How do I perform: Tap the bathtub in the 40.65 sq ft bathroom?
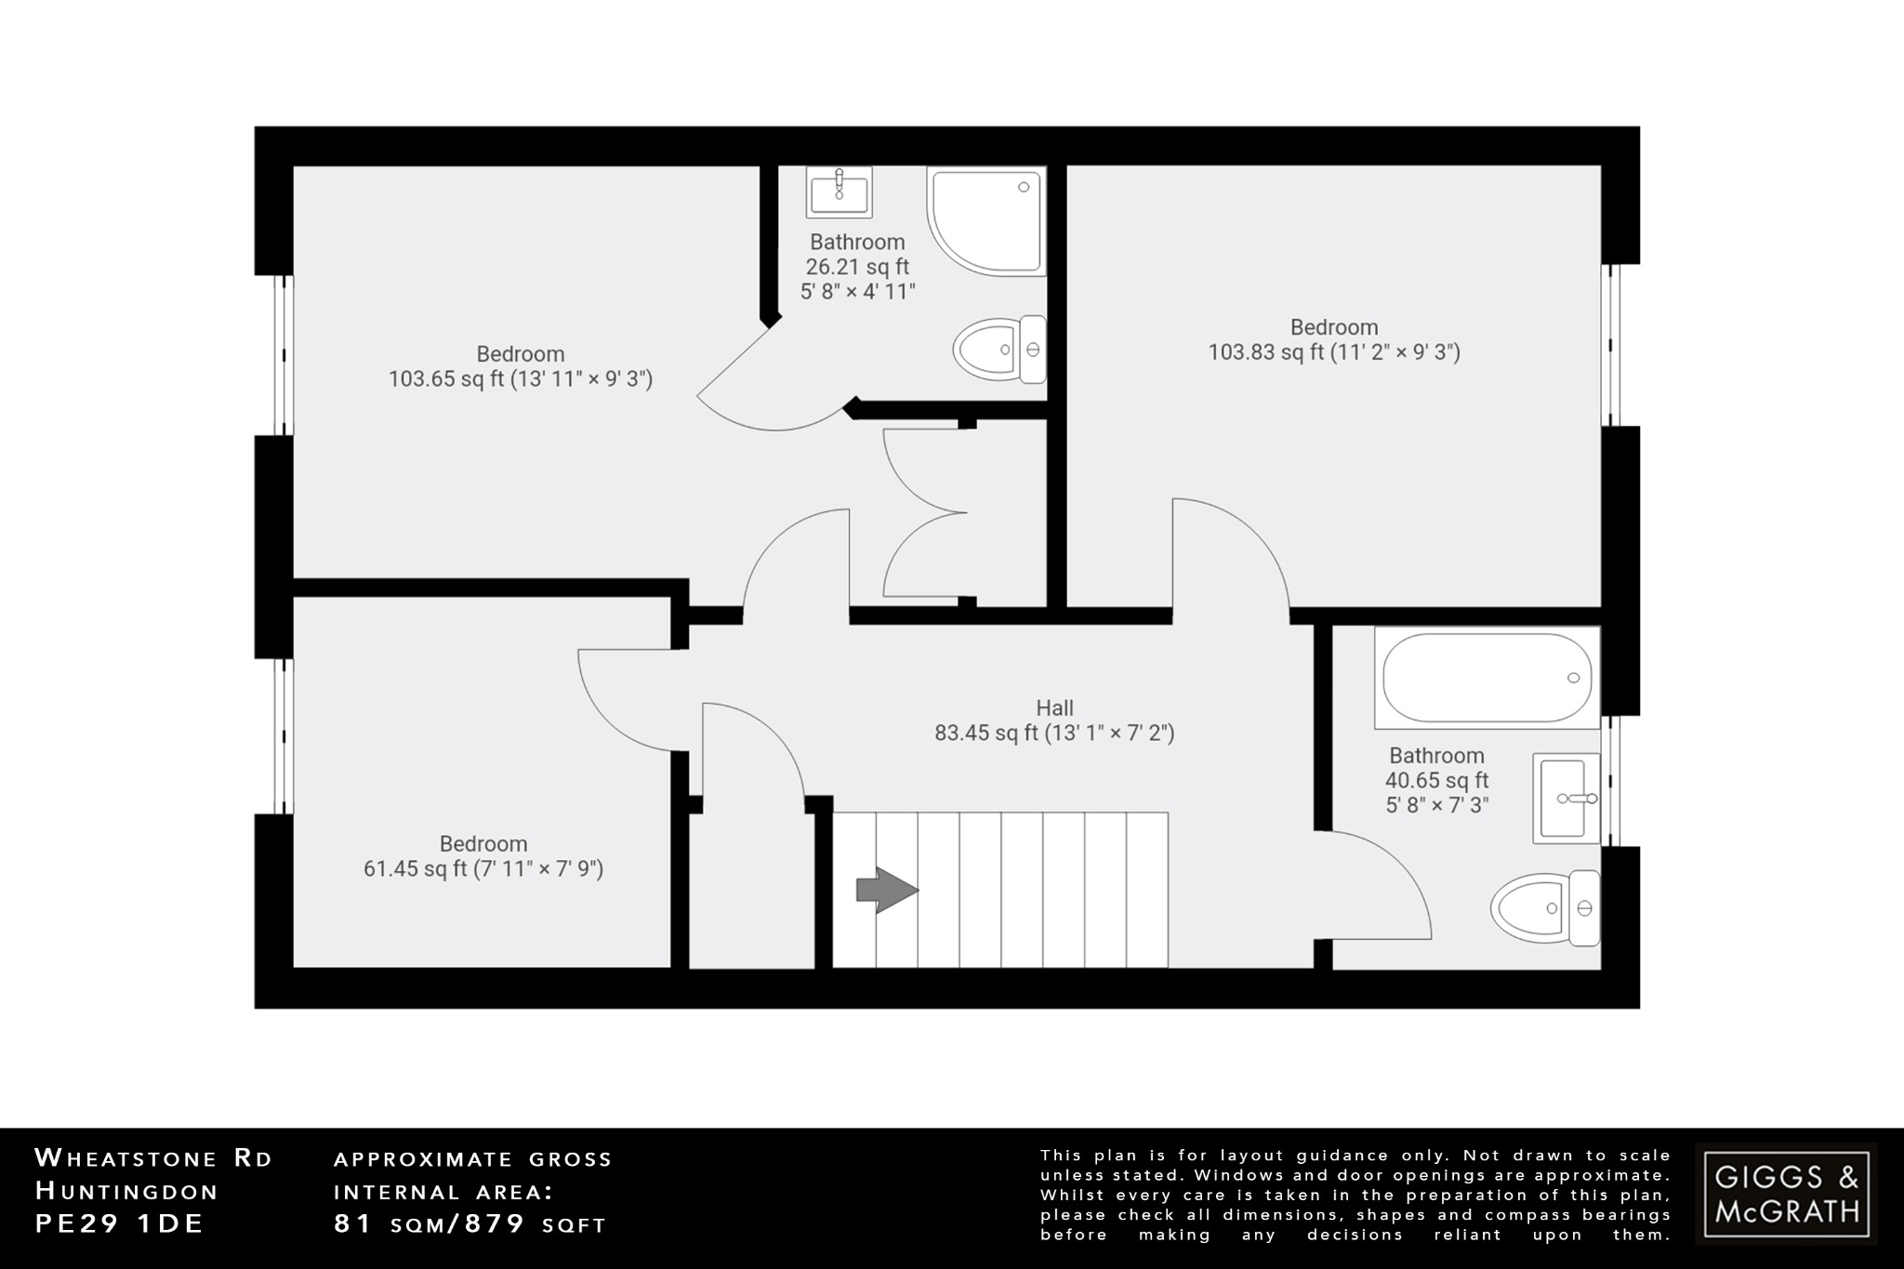pyautogui.click(x=1487, y=678)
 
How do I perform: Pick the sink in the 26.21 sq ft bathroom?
pyautogui.click(x=839, y=192)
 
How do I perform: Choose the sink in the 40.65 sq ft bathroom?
pyautogui.click(x=1567, y=798)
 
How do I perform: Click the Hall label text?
pyautogui.click(x=1054, y=708)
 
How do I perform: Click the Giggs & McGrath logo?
pyautogui.click(x=1786, y=1194)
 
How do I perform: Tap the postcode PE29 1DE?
pyautogui.click(x=119, y=1224)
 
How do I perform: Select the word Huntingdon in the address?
pyautogui.click(x=126, y=1191)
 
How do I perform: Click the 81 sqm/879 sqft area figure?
pyautogui.click(x=469, y=1224)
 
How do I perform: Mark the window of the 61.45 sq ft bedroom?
pyautogui.click(x=283, y=736)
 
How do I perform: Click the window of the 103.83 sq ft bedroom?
pyautogui.click(x=1611, y=346)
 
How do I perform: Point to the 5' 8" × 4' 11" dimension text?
pyautogui.click(x=857, y=292)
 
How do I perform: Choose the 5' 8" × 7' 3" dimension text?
pyautogui.click(x=1437, y=805)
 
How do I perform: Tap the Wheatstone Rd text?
pyautogui.click(x=153, y=1158)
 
